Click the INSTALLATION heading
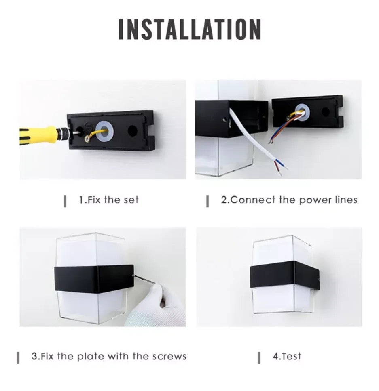coord(190,29)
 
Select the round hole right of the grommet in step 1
coord(132,130)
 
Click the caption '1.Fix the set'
coord(109,200)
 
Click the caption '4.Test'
coord(287,356)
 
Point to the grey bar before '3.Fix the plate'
coord(18,357)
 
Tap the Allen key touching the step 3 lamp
coord(145,279)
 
